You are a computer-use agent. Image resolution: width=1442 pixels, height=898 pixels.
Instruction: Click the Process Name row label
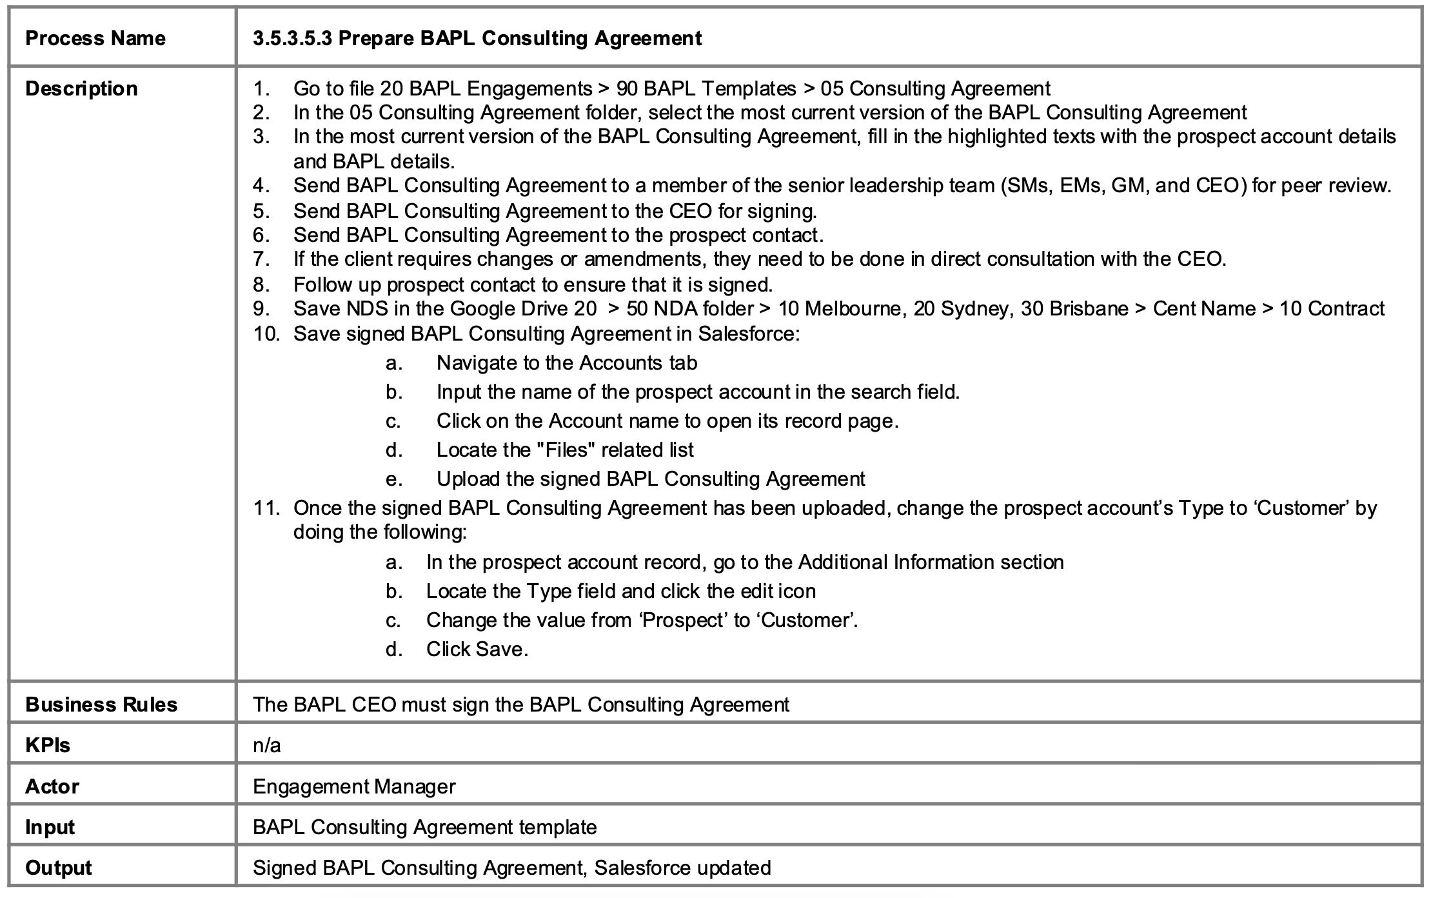point(95,38)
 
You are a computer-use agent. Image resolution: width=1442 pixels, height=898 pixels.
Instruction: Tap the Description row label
point(81,88)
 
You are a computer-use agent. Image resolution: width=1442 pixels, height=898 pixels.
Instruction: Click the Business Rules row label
point(101,704)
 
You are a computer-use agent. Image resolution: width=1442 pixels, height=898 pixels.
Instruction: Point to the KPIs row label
point(48,745)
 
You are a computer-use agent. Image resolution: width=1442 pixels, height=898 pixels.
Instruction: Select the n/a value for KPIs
point(267,745)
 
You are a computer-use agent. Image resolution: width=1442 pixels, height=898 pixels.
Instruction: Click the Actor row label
point(52,786)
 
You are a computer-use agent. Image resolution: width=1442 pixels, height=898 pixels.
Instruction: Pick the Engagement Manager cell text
point(354,786)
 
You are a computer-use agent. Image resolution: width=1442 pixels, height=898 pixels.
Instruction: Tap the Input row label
point(50,827)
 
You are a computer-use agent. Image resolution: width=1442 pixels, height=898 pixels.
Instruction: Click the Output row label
point(59,868)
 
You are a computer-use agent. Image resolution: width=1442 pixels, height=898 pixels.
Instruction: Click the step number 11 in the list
point(266,508)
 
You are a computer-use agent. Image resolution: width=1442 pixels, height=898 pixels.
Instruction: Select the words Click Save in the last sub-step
point(476,649)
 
